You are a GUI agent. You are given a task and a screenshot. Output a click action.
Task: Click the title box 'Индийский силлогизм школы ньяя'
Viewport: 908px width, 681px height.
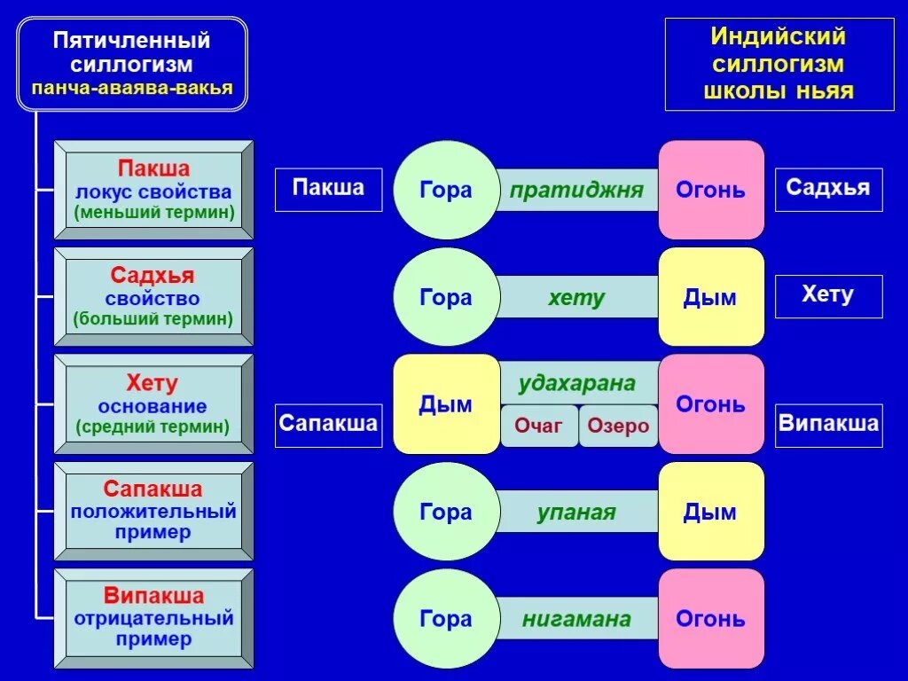click(779, 65)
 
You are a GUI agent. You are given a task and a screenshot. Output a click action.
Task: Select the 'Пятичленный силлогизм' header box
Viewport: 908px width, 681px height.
click(132, 65)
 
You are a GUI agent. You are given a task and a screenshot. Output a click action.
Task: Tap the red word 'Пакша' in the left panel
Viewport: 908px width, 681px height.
click(154, 168)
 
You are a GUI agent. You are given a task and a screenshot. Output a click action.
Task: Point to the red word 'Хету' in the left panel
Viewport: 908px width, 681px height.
click(153, 384)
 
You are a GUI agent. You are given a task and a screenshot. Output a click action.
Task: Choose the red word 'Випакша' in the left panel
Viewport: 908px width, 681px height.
click(153, 596)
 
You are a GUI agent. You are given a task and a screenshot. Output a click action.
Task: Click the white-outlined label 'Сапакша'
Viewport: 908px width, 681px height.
click(328, 422)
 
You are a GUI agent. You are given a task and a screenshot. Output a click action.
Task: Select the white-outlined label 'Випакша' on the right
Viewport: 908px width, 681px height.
click(829, 422)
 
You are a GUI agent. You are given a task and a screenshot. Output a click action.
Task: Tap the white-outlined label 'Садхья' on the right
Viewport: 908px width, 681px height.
click(828, 189)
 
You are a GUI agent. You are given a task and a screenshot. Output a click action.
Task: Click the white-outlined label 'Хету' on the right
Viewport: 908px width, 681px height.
click(828, 295)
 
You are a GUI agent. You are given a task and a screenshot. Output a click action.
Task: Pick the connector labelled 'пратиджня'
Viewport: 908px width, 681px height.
click(576, 191)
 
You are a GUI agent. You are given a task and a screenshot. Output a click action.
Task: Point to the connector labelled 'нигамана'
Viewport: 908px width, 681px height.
click(576, 619)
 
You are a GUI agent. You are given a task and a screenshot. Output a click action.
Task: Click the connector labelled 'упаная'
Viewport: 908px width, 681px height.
click(576, 513)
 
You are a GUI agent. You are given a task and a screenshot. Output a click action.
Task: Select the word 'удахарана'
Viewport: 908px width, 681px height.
click(577, 384)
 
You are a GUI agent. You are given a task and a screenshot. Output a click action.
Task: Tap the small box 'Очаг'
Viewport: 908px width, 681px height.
click(539, 426)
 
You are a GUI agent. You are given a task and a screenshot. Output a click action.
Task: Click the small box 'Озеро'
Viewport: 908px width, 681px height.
click(618, 426)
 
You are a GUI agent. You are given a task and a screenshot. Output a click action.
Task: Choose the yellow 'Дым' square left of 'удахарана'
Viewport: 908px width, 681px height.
click(446, 404)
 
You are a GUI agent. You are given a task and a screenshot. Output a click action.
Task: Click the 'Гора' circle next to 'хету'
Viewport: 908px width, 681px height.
click(446, 297)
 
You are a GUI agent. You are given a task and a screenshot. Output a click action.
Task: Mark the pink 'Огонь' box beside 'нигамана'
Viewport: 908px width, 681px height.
click(711, 619)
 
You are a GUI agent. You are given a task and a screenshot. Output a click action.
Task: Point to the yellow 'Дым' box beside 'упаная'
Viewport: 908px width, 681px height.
click(710, 512)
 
